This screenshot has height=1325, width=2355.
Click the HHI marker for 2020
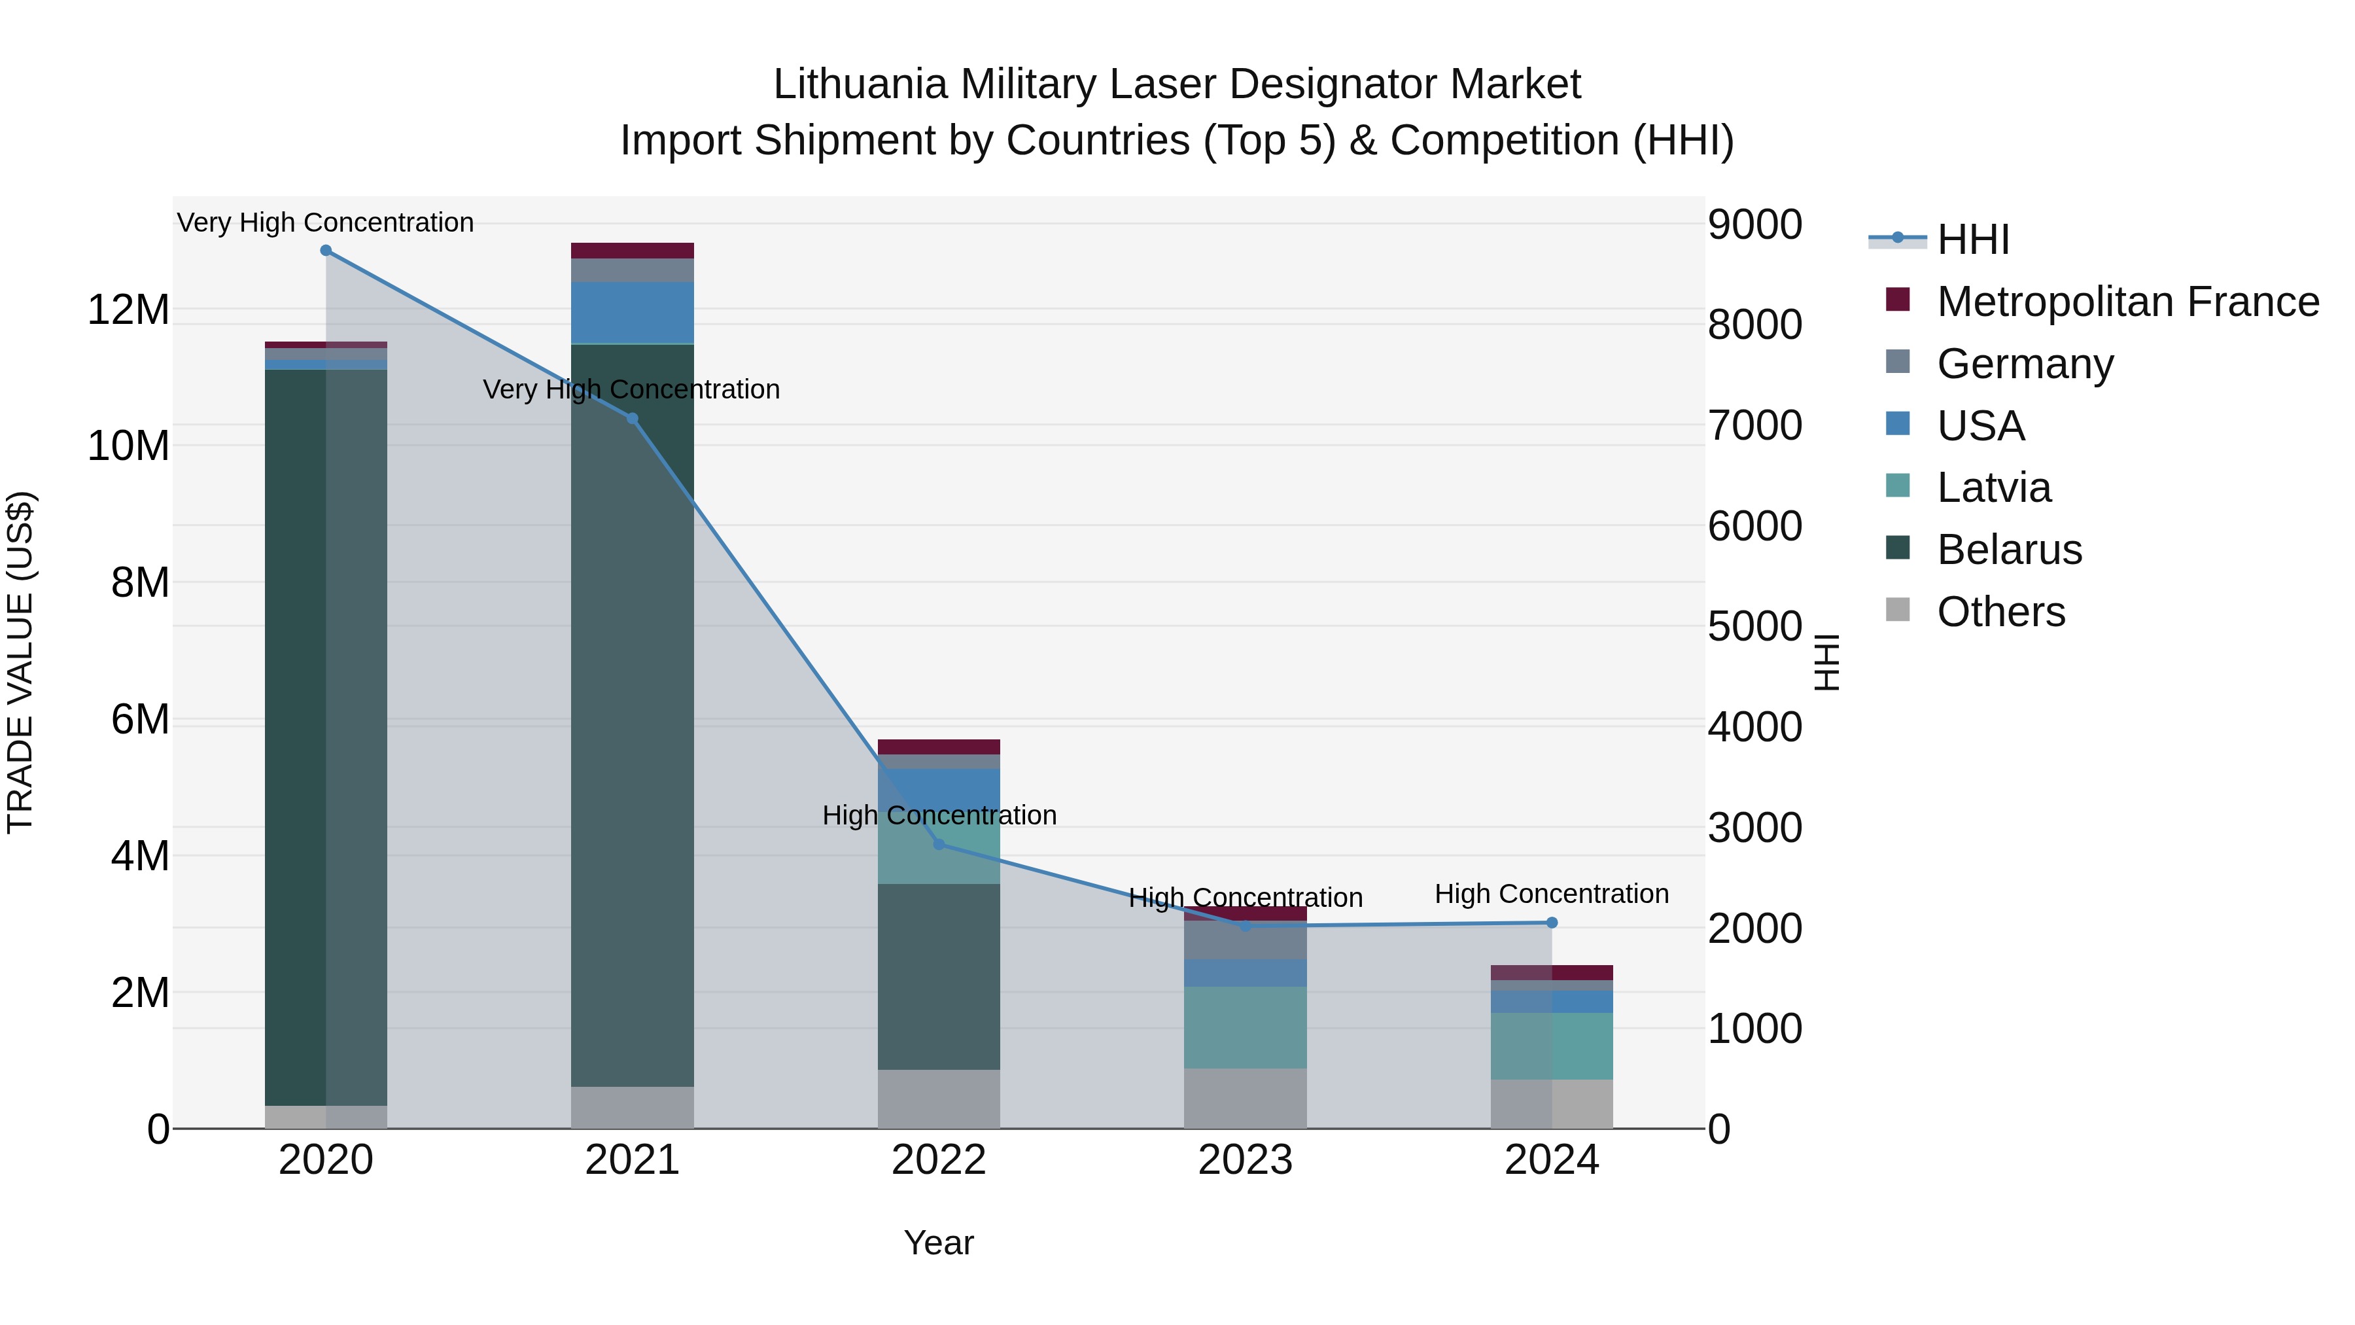tap(326, 251)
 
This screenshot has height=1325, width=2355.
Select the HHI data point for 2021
tap(632, 419)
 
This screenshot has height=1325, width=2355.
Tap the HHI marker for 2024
tap(1552, 923)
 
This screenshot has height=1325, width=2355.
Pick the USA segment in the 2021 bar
tap(632, 313)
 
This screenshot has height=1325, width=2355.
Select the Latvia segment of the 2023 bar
tap(1244, 1027)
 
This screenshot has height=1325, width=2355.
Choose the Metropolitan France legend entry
tap(2127, 302)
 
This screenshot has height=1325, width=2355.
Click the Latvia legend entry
tap(1993, 487)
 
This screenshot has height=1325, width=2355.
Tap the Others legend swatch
tap(1897, 610)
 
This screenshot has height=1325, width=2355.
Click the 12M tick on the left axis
tap(128, 310)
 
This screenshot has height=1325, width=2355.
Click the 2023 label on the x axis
tap(1244, 1160)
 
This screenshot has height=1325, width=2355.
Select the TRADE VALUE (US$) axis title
tap(21, 662)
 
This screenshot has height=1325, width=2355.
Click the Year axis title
tap(938, 1243)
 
